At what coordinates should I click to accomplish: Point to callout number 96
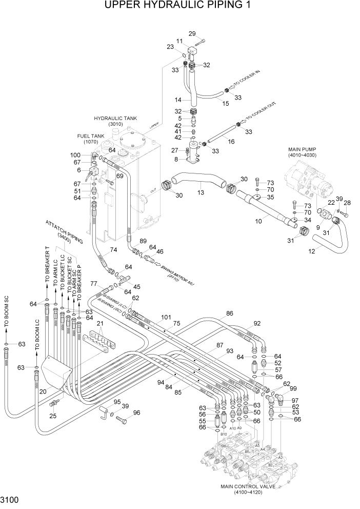pos(136,413)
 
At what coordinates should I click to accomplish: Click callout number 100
pos(75,154)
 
